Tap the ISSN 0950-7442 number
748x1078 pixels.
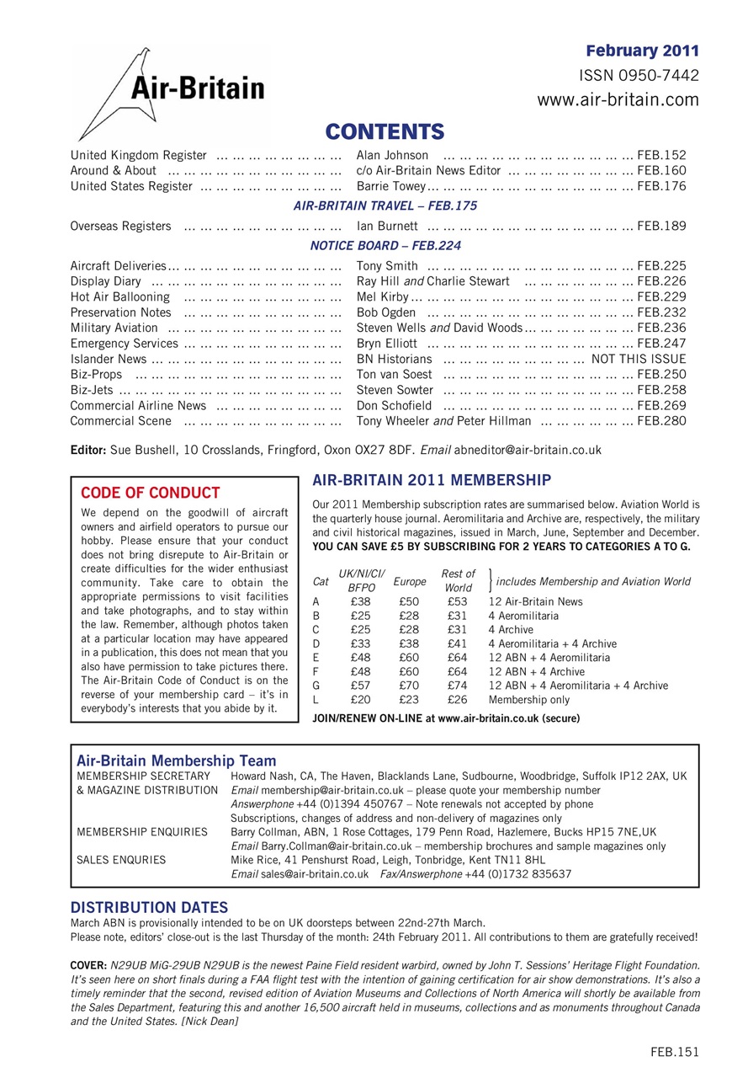pyautogui.click(x=639, y=76)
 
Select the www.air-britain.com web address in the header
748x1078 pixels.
pyautogui.click(x=618, y=100)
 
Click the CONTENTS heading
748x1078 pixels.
pyautogui.click(x=385, y=131)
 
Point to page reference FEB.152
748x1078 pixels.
pyautogui.click(x=662, y=155)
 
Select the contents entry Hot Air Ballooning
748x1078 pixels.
pyautogui.click(x=120, y=296)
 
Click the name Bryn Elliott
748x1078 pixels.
pyautogui.click(x=387, y=343)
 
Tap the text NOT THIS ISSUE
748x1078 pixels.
pyautogui.click(x=639, y=359)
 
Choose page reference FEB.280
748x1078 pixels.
pyautogui.click(x=662, y=420)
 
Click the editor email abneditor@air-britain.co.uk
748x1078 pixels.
pyautogui.click(x=533, y=450)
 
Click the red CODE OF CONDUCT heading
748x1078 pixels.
pyautogui.click(x=151, y=493)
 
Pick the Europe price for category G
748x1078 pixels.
pyautogui.click(x=410, y=686)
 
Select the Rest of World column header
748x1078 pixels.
pyautogui.click(x=459, y=580)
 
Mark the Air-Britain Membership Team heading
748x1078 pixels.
pyautogui.click(x=177, y=761)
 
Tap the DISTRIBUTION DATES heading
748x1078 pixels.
pyautogui.click(x=149, y=907)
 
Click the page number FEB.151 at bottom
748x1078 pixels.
pyautogui.click(x=675, y=1050)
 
